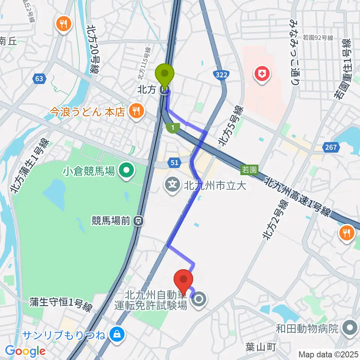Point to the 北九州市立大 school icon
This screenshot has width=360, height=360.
coord(172,184)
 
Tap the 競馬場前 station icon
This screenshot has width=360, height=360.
coord(139,221)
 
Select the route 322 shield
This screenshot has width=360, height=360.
coord(222,75)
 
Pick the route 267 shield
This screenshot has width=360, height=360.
coord(331,147)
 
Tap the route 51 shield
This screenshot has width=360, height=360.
coord(174,162)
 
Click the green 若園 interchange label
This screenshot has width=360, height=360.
coord(249,170)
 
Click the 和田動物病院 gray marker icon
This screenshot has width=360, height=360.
coord(349,328)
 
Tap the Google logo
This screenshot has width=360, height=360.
coord(25,351)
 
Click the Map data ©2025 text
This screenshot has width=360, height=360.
coord(328,354)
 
